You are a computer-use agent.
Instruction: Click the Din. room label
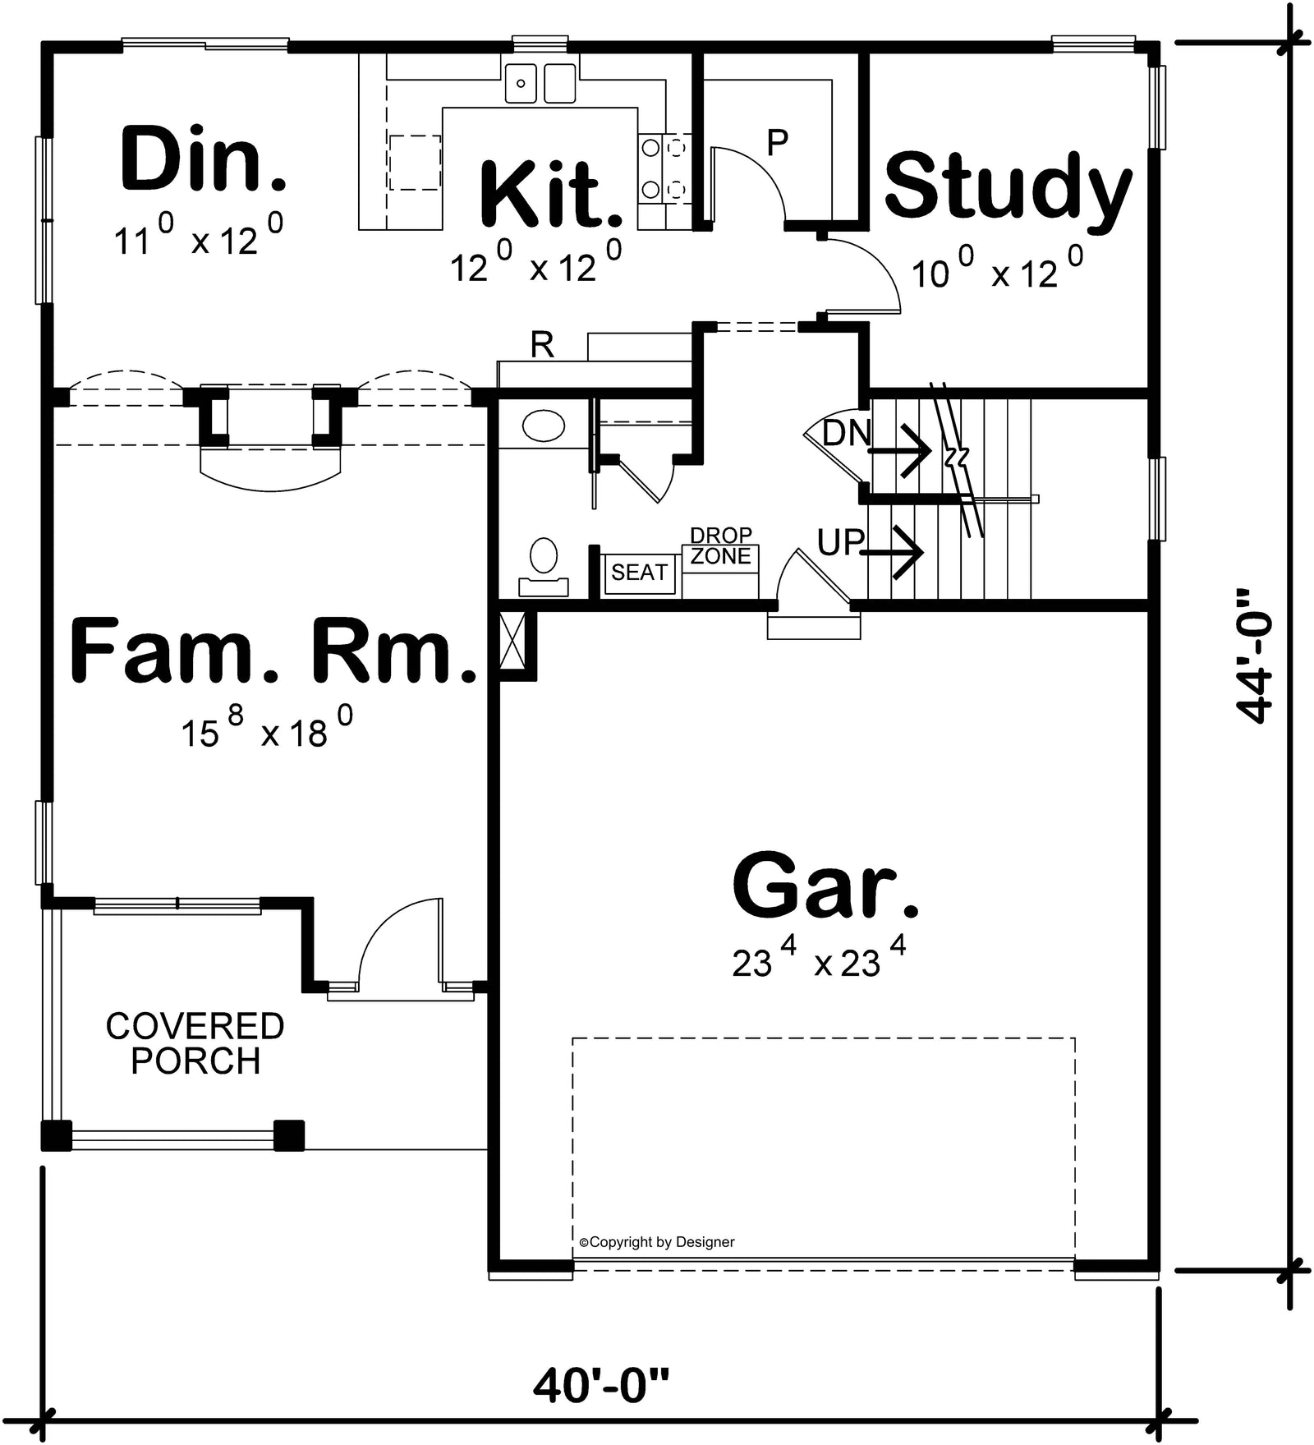[x=203, y=159]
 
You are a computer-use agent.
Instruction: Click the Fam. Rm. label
[x=273, y=653]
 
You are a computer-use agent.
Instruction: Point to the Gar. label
[x=825, y=886]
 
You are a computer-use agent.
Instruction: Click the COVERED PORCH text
[x=195, y=1043]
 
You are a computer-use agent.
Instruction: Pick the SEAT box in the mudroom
[x=639, y=572]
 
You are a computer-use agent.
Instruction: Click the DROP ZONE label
[x=721, y=546]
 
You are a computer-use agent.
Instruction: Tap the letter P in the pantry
[x=777, y=143]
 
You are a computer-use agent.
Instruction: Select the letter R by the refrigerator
[x=542, y=346]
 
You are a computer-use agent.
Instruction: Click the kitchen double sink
[x=540, y=82]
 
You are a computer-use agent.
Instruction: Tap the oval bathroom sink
[x=544, y=427]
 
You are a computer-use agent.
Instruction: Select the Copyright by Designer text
[x=657, y=1242]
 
